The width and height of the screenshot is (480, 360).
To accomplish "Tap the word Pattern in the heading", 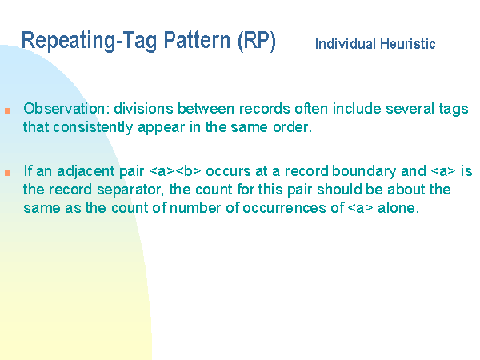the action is pos(197,40).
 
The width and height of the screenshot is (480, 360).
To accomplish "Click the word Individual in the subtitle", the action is pos(346,43).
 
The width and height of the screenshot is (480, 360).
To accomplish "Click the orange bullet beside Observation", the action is pos(8,110).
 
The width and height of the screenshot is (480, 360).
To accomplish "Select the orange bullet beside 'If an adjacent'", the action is pos(8,173).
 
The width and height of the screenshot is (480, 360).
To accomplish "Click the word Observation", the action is pos(66,109).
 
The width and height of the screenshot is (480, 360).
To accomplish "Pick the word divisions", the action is pos(144,109).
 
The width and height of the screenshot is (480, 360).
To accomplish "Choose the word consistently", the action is pos(93,127).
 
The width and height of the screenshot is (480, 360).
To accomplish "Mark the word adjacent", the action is pos(86,171).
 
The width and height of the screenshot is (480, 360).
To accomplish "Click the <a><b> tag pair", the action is pos(175,171).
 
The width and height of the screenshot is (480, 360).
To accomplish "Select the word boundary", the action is pos(364,171).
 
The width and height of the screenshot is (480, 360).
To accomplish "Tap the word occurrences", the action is pos(284,208).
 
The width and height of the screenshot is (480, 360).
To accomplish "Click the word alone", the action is pos(398,208).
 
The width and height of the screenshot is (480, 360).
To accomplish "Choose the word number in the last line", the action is pos(195,208).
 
